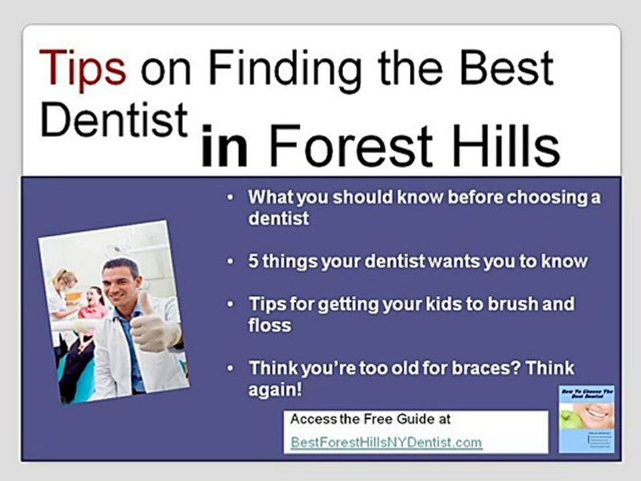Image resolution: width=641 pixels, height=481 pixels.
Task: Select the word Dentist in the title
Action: (x=114, y=120)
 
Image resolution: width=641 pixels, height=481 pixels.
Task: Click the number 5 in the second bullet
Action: (x=253, y=261)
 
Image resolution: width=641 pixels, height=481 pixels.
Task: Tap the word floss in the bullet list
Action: (x=270, y=325)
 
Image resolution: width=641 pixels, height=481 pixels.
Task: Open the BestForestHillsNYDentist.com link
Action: (x=386, y=442)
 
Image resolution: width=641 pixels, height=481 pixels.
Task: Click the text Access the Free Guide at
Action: (x=371, y=420)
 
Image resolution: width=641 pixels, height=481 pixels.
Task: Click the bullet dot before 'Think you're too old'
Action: (x=230, y=369)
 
